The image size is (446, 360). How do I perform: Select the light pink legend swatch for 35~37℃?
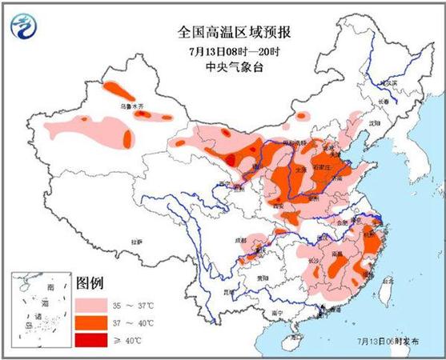coord(95,306)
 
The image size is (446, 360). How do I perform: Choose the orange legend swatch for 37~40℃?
coord(95,324)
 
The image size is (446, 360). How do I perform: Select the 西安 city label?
coord(279,206)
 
